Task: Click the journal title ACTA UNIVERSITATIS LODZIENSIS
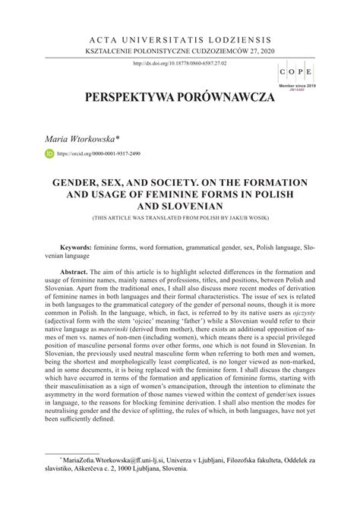(x=179, y=37)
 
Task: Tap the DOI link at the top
(x=180, y=63)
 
